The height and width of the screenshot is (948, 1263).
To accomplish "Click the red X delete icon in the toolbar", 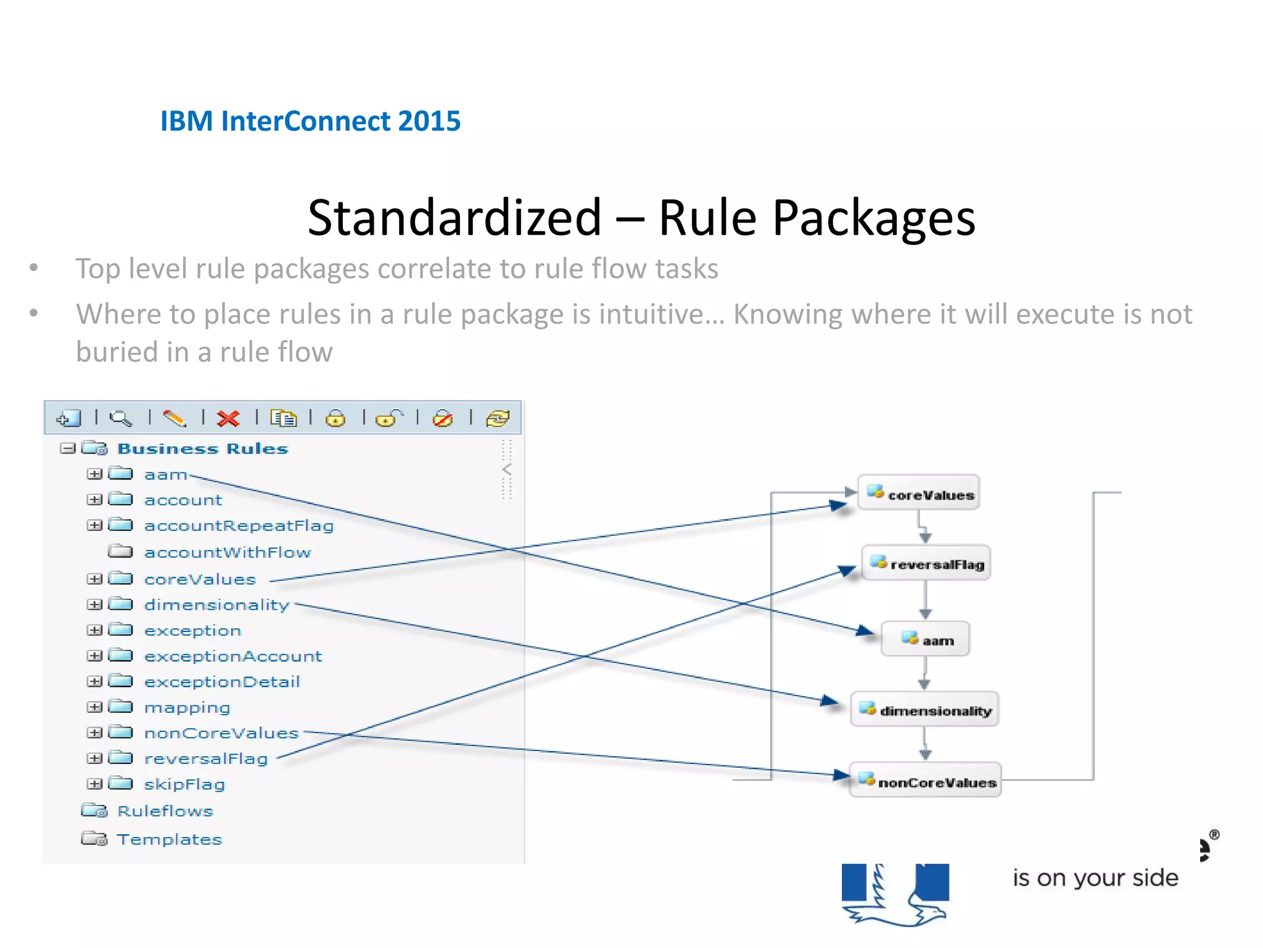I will click(228, 418).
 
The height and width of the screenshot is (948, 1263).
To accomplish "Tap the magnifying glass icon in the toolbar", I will click(121, 418).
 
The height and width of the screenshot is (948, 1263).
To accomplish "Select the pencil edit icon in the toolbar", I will click(175, 418).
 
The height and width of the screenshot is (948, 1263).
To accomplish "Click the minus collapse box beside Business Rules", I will click(67, 448).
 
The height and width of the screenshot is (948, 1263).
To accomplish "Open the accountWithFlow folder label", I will click(228, 552).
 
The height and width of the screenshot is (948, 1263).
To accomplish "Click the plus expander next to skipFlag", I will click(94, 784).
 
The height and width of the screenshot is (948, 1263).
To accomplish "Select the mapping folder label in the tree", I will click(187, 707).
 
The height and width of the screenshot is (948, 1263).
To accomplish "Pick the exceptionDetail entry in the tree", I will click(222, 682).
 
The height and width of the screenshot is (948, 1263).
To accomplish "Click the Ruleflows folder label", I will click(165, 811).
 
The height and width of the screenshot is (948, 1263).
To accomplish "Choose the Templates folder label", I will click(170, 839).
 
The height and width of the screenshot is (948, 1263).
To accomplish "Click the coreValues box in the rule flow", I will click(919, 493).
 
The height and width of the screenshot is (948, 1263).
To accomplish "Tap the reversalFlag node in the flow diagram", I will click(926, 563).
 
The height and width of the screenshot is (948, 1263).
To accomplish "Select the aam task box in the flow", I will click(926, 639).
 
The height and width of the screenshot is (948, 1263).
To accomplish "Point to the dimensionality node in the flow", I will click(924, 710).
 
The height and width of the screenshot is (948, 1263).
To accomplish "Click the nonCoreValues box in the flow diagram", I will click(925, 781).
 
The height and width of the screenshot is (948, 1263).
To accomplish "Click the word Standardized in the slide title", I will click(455, 218).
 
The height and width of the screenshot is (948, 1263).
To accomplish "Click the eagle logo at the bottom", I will click(895, 894).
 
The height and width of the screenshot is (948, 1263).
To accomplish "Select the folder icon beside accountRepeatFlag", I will click(121, 525).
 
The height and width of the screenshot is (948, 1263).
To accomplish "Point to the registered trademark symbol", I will click(1214, 834).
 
